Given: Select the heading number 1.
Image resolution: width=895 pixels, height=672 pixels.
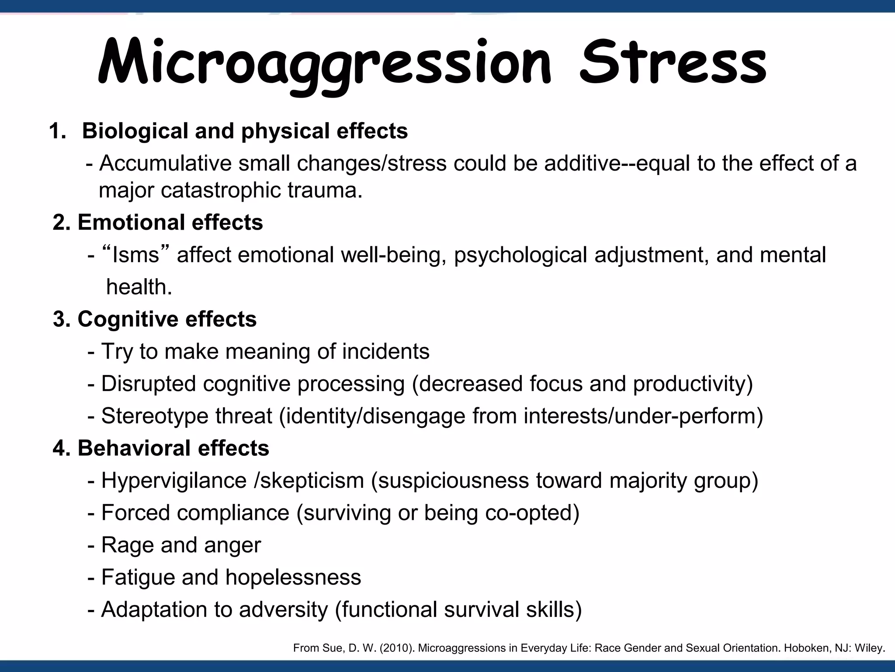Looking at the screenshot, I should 57,131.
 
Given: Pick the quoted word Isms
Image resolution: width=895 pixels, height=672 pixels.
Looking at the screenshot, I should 136,255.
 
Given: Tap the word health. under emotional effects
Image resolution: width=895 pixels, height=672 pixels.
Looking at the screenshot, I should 139,287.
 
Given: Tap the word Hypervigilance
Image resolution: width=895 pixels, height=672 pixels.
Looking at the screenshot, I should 174,480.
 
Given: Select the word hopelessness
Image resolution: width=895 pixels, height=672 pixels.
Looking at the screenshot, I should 293,577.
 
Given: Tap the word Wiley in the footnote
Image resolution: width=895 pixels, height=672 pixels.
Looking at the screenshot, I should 869,648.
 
